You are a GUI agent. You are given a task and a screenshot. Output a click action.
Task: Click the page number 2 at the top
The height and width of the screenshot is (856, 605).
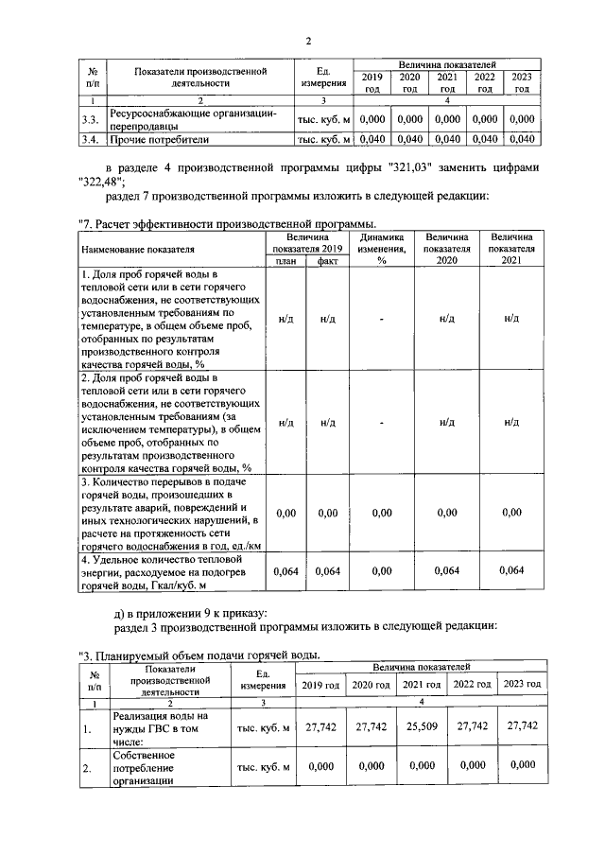click(308, 41)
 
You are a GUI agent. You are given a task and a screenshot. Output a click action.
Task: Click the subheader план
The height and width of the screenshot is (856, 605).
click(285, 261)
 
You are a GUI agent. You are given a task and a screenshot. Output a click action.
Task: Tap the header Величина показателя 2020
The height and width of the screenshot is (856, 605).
click(446, 248)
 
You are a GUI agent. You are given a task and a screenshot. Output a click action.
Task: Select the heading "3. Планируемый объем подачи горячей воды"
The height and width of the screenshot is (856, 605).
click(200, 655)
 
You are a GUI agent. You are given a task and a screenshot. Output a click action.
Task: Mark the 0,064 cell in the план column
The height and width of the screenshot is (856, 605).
click(285, 570)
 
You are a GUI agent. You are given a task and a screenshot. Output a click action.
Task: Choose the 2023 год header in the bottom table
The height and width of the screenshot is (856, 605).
click(522, 684)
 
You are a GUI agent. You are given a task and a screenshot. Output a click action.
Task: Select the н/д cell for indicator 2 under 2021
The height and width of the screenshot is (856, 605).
click(511, 422)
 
